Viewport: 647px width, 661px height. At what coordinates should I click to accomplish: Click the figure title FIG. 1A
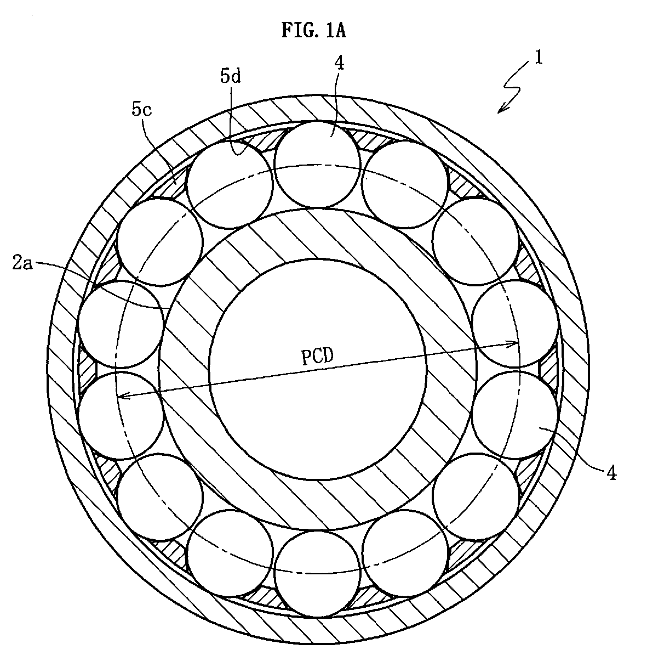tap(313, 31)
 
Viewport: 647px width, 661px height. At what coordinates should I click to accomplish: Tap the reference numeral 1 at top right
tap(539, 58)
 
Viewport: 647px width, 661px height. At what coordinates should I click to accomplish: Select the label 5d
tap(230, 76)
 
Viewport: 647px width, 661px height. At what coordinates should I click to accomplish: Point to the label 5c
tap(141, 110)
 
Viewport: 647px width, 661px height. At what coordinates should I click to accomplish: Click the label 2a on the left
tap(22, 264)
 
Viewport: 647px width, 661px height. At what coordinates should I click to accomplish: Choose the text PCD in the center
tap(317, 356)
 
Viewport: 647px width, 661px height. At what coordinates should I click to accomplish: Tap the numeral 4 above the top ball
tap(339, 63)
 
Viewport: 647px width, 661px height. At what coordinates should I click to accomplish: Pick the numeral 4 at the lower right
tap(611, 474)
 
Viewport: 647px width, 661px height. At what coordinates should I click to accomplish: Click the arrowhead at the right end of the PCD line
tap(512, 344)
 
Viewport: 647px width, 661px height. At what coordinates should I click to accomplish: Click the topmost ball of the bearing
tap(318, 165)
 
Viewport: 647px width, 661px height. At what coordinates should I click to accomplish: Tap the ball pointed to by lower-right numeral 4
tap(515, 415)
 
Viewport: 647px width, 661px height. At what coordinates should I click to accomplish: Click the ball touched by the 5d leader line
tap(230, 185)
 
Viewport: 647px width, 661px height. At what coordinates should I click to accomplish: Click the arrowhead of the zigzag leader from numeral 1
tap(501, 110)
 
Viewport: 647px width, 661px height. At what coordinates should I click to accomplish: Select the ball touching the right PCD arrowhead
tap(515, 324)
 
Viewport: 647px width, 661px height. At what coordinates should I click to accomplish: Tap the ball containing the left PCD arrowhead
tap(121, 415)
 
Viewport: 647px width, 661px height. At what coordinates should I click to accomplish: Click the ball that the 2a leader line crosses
tap(121, 324)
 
